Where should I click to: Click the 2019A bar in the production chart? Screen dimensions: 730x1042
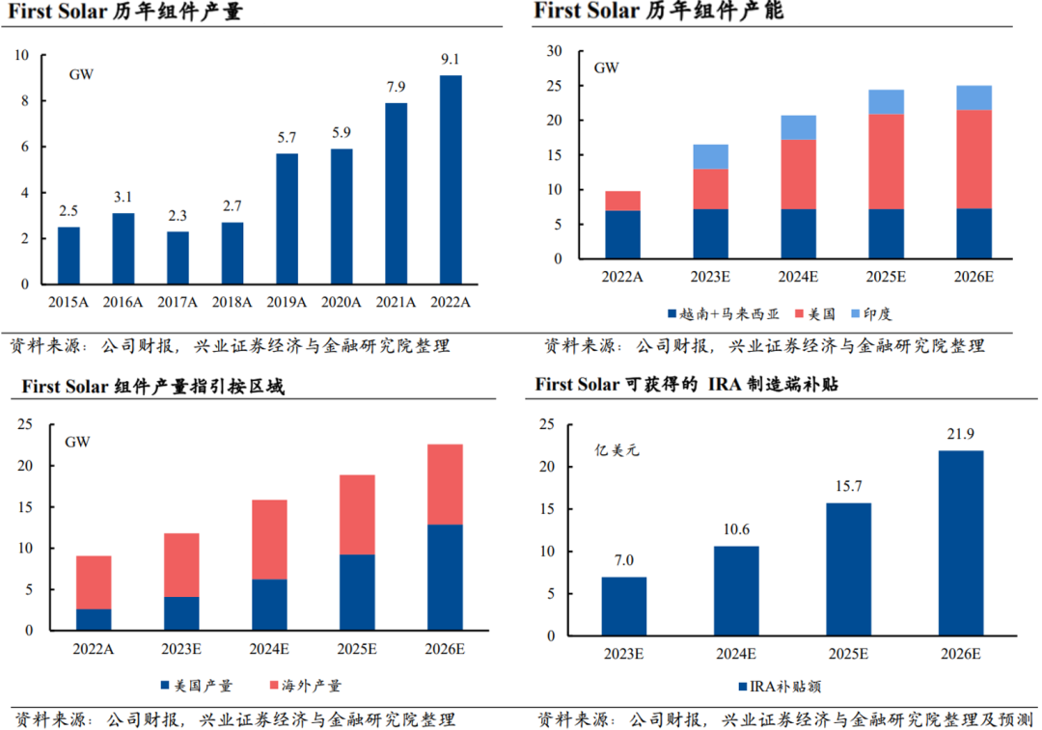[x=287, y=219]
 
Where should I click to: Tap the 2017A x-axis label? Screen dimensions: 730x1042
[x=178, y=302]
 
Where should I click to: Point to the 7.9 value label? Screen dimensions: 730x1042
[x=396, y=88]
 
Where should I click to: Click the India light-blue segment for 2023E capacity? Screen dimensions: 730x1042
[x=711, y=156]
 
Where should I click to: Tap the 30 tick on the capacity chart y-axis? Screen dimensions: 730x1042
[x=553, y=51]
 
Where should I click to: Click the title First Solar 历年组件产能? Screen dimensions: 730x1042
[x=658, y=12]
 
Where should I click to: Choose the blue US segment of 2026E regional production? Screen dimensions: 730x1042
[x=445, y=577]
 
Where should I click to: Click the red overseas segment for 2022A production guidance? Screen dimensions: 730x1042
[x=94, y=582]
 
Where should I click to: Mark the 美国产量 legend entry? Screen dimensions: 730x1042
[x=196, y=686]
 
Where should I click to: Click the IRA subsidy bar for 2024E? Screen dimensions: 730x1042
[x=736, y=590]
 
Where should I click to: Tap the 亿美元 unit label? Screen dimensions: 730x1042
[x=617, y=449]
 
